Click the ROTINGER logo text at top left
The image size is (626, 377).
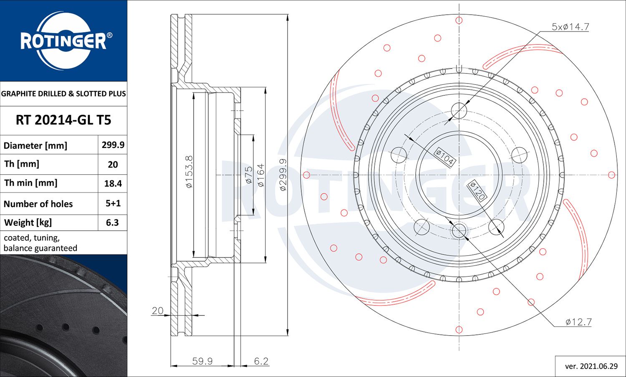click(x=63, y=41)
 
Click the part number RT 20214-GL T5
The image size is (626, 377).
click(x=63, y=120)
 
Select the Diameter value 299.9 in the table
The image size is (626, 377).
click(x=113, y=145)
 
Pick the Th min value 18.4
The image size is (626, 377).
click(x=113, y=183)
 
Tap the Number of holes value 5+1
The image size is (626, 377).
click(x=113, y=204)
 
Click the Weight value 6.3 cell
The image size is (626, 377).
click(x=112, y=223)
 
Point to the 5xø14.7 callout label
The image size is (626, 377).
click(x=570, y=27)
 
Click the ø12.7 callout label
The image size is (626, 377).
click(x=578, y=322)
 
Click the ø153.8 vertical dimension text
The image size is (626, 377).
click(x=189, y=171)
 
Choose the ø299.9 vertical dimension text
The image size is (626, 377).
click(x=283, y=175)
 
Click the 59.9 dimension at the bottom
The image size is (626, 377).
click(x=202, y=361)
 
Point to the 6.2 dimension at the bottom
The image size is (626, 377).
click(x=261, y=361)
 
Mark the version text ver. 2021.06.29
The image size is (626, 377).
click(x=591, y=367)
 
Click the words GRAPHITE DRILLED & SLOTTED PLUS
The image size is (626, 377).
click(x=63, y=94)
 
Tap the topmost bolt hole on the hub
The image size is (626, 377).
click(x=459, y=111)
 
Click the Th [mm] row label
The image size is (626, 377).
click(x=22, y=164)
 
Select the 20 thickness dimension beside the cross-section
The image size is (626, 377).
click(x=157, y=311)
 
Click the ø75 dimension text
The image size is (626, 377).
click(x=248, y=175)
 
